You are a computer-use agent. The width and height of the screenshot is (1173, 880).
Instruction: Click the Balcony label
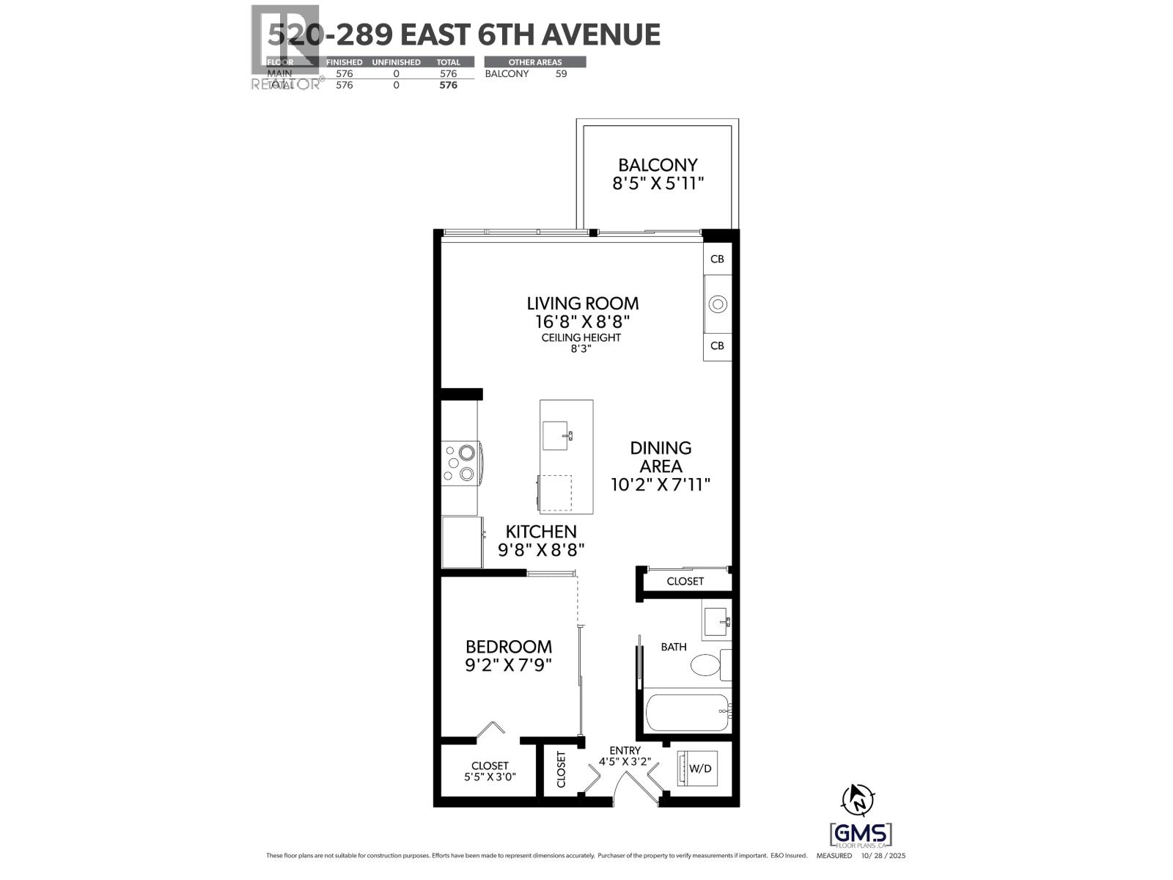[x=658, y=165]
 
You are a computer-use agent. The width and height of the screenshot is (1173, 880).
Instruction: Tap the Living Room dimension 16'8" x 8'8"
[x=583, y=321]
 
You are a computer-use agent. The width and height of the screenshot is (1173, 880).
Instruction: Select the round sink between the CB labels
[x=718, y=304]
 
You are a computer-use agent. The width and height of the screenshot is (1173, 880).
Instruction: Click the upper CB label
[x=717, y=259]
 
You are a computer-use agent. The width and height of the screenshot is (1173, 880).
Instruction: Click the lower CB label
[x=717, y=345]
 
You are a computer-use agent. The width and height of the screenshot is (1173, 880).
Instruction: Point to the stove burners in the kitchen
[x=460, y=463]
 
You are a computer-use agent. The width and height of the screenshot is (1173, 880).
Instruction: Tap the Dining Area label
[x=661, y=457]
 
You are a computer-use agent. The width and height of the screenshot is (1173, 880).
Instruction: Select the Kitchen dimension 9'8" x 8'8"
[x=541, y=550]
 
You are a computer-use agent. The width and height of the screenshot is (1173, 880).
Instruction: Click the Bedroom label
[x=509, y=647]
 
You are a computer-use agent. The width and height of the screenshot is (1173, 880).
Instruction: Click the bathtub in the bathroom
[x=686, y=712]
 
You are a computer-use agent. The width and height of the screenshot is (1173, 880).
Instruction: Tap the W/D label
[x=700, y=769]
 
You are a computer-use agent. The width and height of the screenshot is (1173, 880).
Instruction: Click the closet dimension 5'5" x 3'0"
[x=490, y=777]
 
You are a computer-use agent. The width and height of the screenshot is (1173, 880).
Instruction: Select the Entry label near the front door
[x=625, y=750]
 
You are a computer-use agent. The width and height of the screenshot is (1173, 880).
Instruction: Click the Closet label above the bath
[x=685, y=581]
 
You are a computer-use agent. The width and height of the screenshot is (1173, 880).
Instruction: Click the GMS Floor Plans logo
[x=861, y=835]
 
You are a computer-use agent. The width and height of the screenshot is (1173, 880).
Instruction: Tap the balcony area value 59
[x=561, y=73]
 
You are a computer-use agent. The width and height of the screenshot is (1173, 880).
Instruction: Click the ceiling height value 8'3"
[x=581, y=349]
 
